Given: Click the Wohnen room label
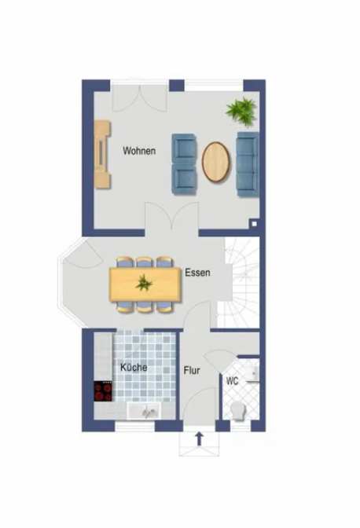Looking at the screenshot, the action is pyautogui.click(x=139, y=151).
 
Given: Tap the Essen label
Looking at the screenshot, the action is pyautogui.click(x=197, y=273).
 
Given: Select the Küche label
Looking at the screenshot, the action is pyautogui.click(x=134, y=367).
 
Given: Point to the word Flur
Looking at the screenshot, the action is pyautogui.click(x=192, y=371).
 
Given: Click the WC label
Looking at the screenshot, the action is pyautogui.click(x=233, y=381).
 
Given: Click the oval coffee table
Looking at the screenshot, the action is pyautogui.click(x=216, y=162).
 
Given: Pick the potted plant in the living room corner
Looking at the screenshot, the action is pyautogui.click(x=242, y=112).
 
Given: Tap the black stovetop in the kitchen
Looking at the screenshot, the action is pyautogui.click(x=103, y=391).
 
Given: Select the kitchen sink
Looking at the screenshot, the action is pyautogui.click(x=144, y=411).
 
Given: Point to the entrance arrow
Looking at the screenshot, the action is pyautogui.click(x=200, y=438).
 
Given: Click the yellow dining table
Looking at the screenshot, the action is pyautogui.click(x=145, y=284).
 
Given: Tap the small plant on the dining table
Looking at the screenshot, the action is pyautogui.click(x=144, y=283).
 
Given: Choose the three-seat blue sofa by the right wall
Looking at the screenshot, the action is pyautogui.click(x=248, y=164).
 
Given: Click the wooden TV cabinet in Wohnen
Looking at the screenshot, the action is pyautogui.click(x=102, y=155).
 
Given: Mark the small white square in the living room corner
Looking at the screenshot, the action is pyautogui.click(x=254, y=224).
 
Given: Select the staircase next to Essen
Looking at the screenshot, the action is pyautogui.click(x=238, y=282).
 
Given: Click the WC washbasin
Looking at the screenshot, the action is pyautogui.click(x=252, y=373).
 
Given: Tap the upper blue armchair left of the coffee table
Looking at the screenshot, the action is pyautogui.click(x=184, y=149).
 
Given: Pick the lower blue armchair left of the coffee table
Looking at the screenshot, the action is pyautogui.click(x=184, y=179).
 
